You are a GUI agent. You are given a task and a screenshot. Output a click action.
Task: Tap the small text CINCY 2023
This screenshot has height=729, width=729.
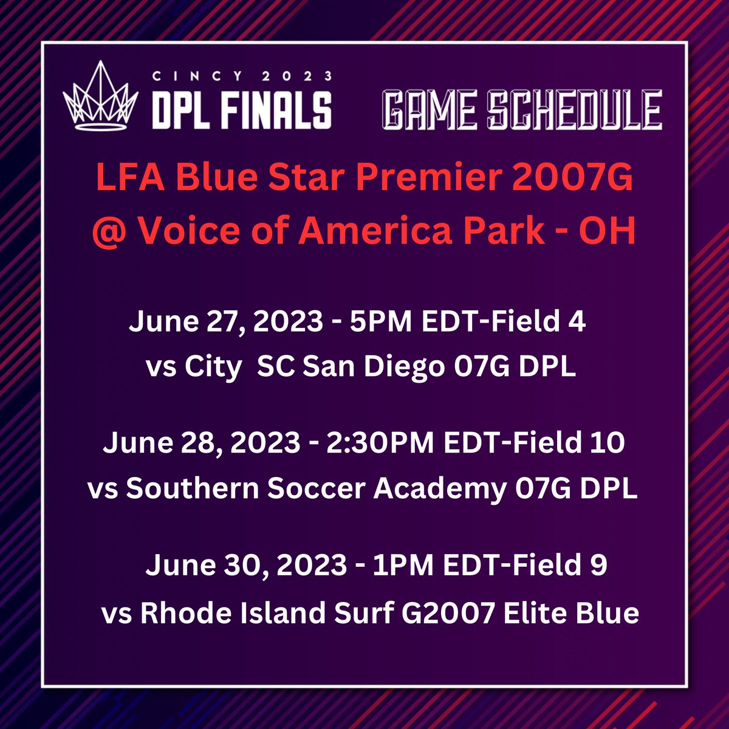point(242,76)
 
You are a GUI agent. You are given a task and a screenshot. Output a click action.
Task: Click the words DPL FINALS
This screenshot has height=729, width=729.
point(242,110)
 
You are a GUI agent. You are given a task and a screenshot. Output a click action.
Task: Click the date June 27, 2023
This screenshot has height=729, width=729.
point(225,322)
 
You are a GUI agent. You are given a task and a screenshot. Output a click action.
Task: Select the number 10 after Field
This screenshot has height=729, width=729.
point(607,443)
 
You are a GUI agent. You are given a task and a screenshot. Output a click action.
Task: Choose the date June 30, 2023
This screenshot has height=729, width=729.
point(245,566)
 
